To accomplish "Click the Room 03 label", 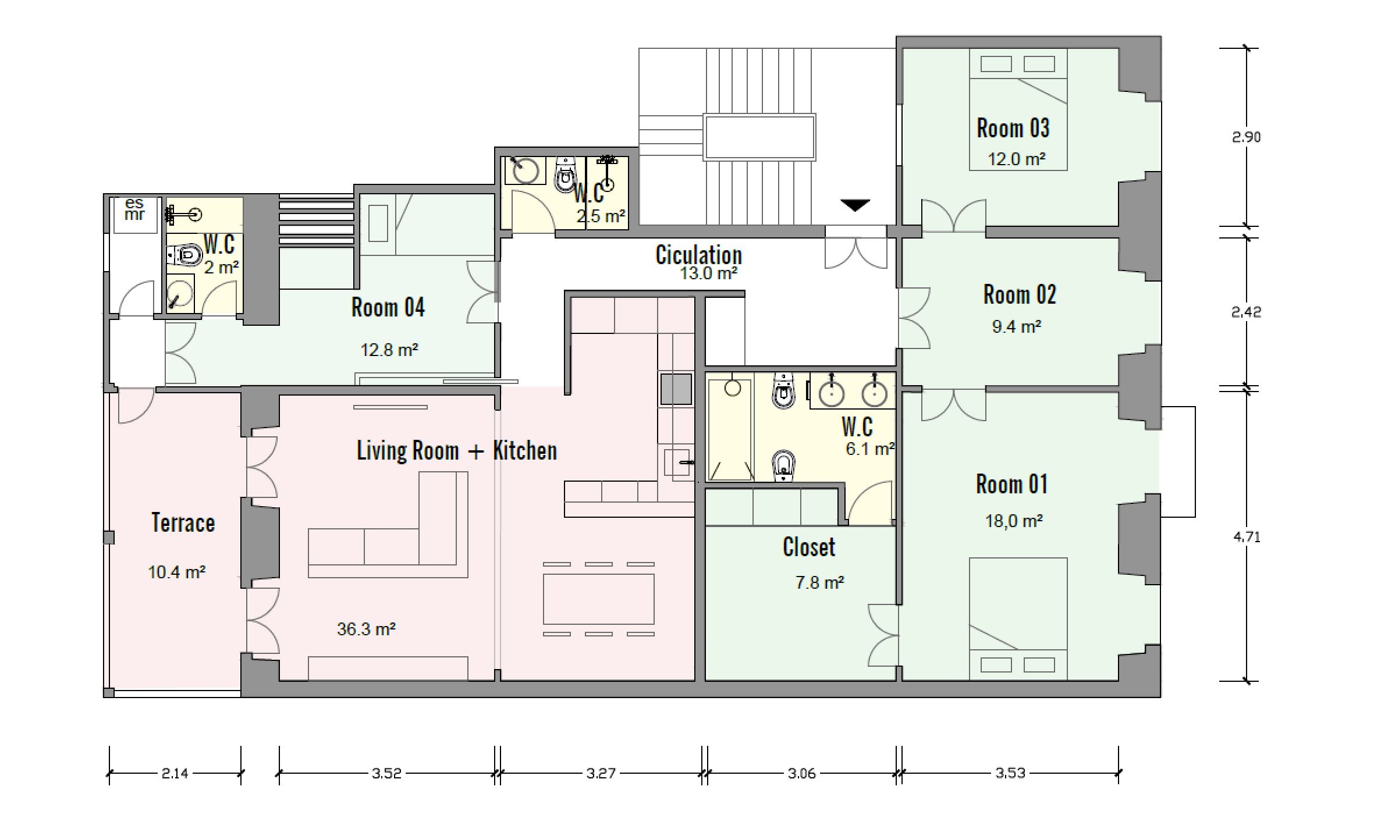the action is pos(1013,128).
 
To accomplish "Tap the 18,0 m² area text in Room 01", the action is pos(1014,521).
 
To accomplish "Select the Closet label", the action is pos(809,547).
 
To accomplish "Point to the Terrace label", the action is pos(183,522).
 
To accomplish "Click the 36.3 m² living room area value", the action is pos(366,629).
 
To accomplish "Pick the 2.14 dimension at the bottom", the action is pos(175,773).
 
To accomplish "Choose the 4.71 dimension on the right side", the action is pos(1247,537).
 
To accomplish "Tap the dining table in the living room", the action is pos(598,599).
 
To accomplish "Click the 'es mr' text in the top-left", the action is pos(134,209).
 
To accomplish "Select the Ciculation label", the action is pos(699,255).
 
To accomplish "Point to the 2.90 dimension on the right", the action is pos(1247,137).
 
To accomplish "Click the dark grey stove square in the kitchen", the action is pos(676,389).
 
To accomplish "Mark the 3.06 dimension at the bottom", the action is pos(802,773).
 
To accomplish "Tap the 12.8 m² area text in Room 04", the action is pos(389,350).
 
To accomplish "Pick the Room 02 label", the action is pos(1020,294).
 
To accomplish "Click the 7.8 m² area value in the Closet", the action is pos(820,582).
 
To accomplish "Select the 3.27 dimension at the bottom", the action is pos(601,773).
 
